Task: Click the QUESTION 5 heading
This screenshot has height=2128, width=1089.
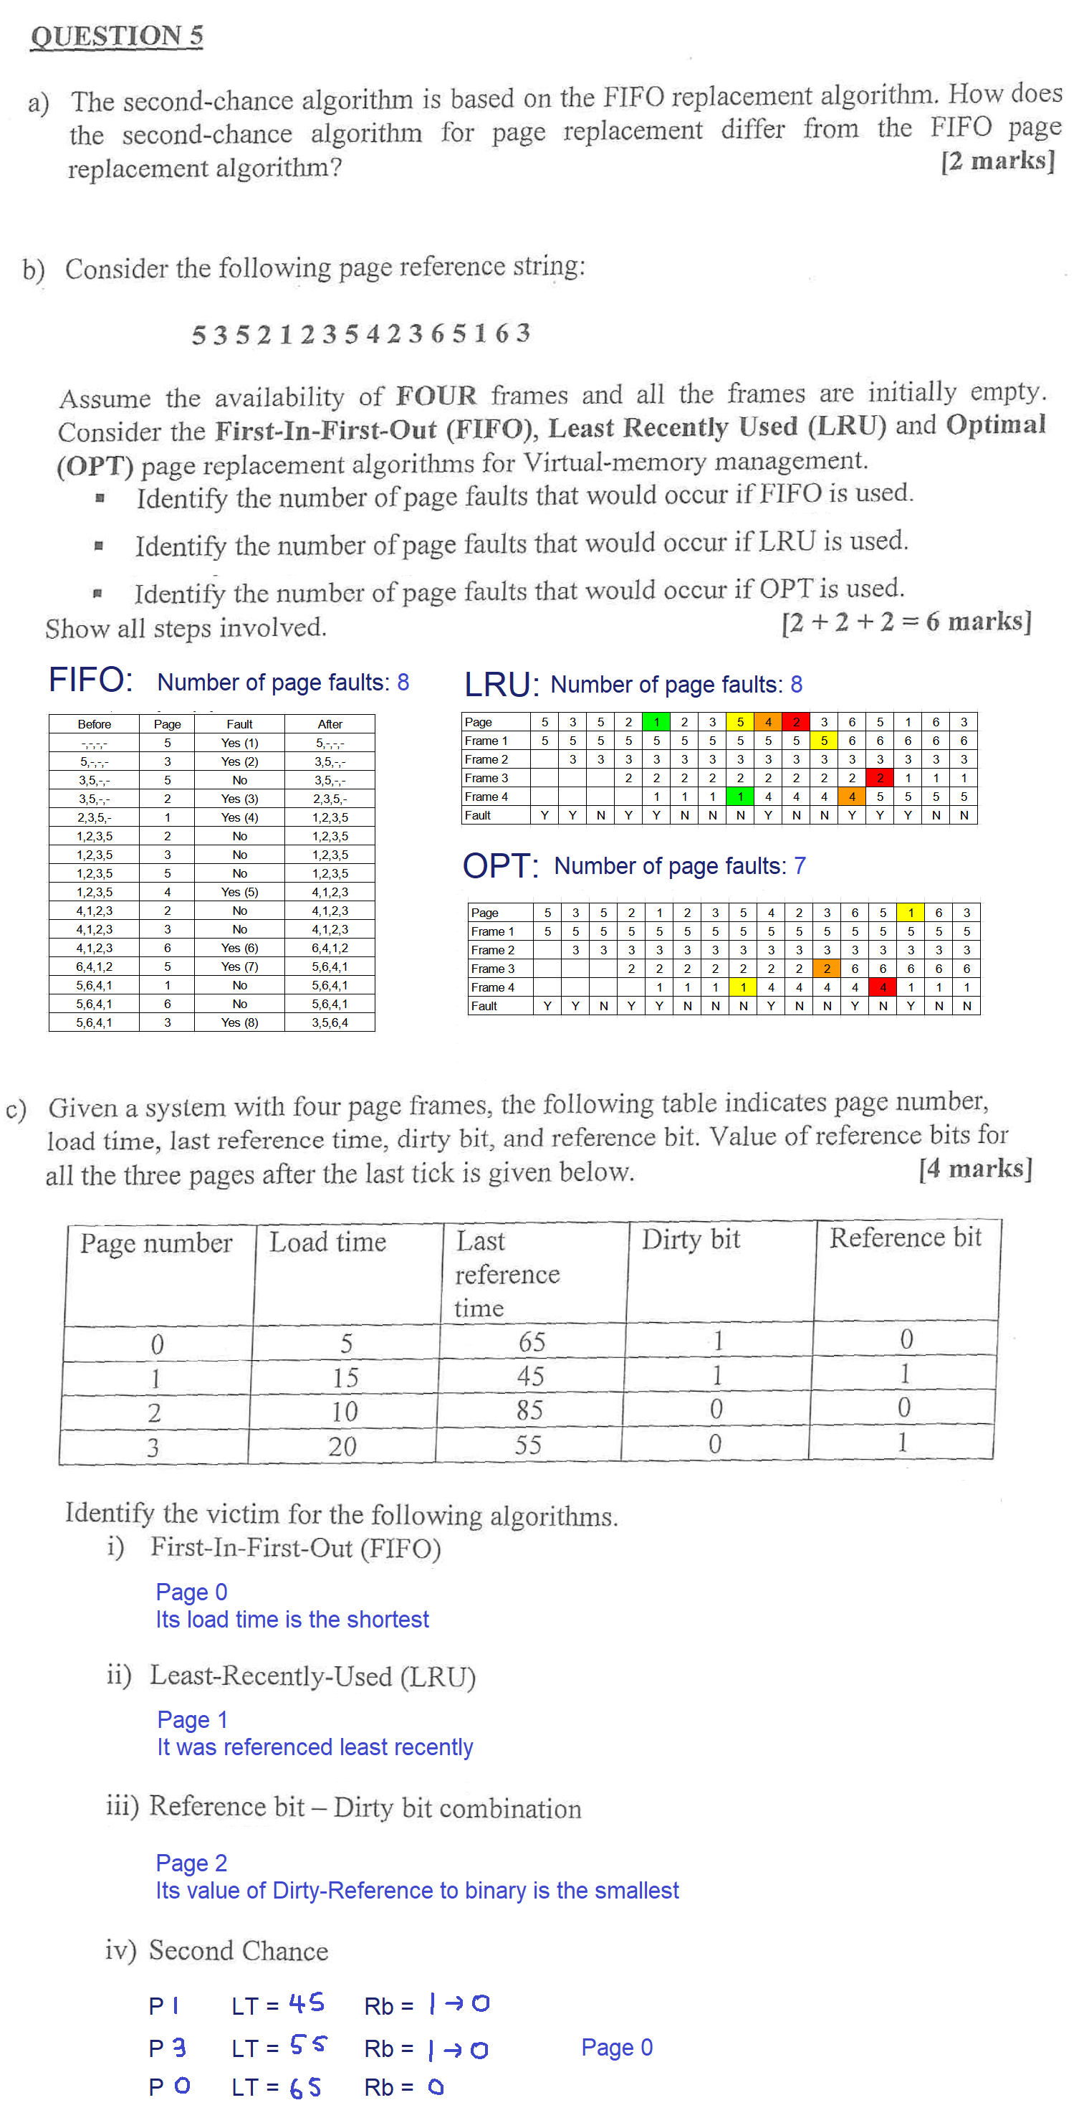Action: point(116,37)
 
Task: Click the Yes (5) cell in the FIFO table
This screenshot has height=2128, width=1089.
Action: point(239,892)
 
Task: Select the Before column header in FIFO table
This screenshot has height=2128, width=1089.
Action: point(94,724)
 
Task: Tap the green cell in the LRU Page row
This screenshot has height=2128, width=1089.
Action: point(656,722)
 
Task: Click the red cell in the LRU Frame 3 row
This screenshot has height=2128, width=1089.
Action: point(880,778)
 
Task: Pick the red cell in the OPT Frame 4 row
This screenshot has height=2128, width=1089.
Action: point(883,987)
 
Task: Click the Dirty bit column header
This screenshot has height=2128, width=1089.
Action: point(691,1240)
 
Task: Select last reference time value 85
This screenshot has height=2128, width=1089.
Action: point(529,1410)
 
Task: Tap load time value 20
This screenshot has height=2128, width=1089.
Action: point(342,1445)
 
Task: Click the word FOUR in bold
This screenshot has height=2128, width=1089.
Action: point(436,396)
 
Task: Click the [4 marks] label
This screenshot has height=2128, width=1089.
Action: point(975,1169)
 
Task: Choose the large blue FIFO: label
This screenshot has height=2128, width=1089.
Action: point(90,680)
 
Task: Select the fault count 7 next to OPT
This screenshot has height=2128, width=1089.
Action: point(800,865)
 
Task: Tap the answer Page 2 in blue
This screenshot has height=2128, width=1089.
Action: point(191,1863)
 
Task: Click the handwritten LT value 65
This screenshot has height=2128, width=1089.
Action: point(305,2088)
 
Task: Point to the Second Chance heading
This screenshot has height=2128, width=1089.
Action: point(239,1951)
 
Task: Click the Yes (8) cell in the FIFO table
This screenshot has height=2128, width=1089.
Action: point(239,1022)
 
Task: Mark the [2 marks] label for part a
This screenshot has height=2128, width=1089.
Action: point(997,161)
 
